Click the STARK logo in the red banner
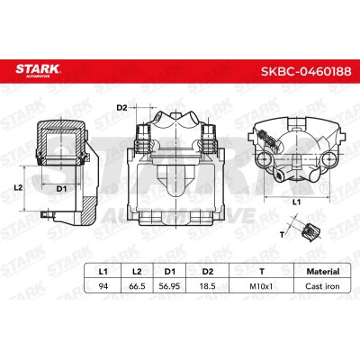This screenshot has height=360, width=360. pos(38,70)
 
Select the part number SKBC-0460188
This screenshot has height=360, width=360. pos(306,71)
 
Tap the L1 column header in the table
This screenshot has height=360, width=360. pos(103,272)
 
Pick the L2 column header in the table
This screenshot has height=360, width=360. pos(137,272)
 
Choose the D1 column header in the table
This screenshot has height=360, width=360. pos(170,272)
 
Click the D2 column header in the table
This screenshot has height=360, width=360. pos(208,272)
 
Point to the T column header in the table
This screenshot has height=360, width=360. pos(262,272)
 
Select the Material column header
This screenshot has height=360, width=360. pos(323,272)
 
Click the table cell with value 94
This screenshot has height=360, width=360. pos(103,286)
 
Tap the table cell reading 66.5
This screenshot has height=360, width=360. pos(137,286)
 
